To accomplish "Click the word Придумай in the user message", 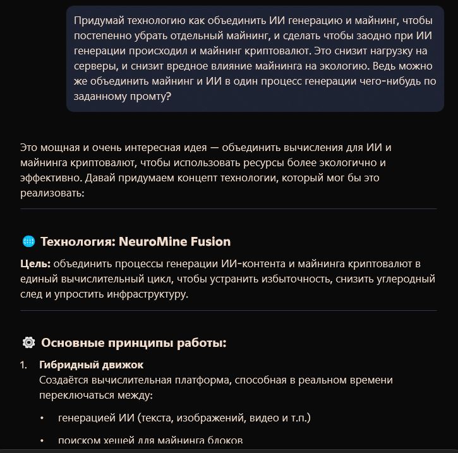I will (x=99, y=21).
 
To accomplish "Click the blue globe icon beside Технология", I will (x=28, y=242).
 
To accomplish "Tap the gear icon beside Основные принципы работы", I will (x=28, y=343).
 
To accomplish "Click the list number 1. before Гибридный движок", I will (x=23, y=365).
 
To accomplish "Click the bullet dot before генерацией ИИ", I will (x=42, y=418).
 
